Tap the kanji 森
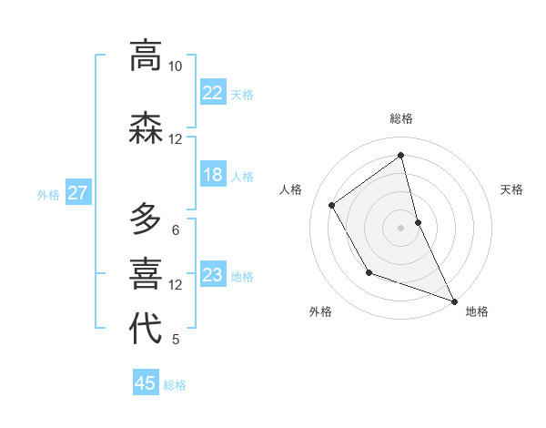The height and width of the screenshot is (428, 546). pyautogui.click(x=146, y=127)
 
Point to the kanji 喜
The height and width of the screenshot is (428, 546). pyautogui.click(x=146, y=273)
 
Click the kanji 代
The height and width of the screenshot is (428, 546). pyautogui.click(x=146, y=328)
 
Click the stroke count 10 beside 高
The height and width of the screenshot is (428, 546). pyautogui.click(x=175, y=66)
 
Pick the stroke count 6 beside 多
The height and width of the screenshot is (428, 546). pyautogui.click(x=175, y=229)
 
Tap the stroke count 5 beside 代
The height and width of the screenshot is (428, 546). pyautogui.click(x=175, y=340)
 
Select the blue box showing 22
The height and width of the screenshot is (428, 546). pyautogui.click(x=213, y=93)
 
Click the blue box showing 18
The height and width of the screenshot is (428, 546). pyautogui.click(x=213, y=175)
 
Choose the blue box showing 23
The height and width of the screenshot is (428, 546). pyautogui.click(x=213, y=275)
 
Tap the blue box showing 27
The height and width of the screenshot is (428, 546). pyautogui.click(x=77, y=193)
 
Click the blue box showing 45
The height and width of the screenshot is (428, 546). pyautogui.click(x=146, y=383)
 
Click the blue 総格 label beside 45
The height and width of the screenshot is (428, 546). pyautogui.click(x=175, y=385)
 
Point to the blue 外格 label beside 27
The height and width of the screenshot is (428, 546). pyautogui.click(x=48, y=194)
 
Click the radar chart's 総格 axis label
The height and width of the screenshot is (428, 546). pyautogui.click(x=400, y=118)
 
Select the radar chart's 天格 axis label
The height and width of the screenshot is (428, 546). pyautogui.click(x=511, y=189)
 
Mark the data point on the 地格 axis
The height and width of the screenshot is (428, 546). pyautogui.click(x=454, y=301)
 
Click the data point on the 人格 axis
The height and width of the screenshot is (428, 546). pyautogui.click(x=331, y=205)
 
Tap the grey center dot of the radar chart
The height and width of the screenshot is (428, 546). pyautogui.click(x=400, y=228)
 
